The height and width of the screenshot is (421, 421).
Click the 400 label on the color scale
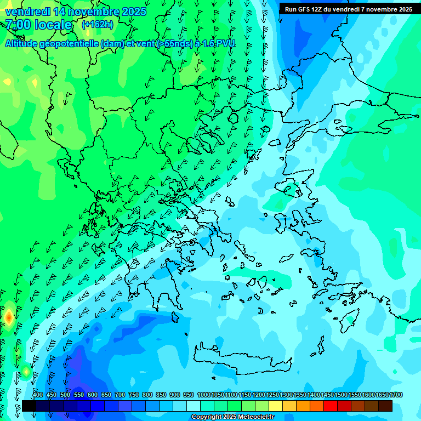tap(38, 395)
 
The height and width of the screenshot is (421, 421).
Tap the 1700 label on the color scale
tap(396, 395)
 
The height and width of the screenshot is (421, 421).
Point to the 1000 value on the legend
tap(204, 395)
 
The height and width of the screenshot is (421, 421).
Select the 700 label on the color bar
tap(120, 395)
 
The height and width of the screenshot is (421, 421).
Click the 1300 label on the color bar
tap(286, 395)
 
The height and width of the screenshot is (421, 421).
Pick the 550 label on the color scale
tap(79, 395)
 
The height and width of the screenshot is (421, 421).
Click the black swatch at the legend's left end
tap(29, 406)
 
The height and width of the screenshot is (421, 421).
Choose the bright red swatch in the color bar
tap(331, 406)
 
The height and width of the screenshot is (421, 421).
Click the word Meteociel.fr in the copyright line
tap(254, 417)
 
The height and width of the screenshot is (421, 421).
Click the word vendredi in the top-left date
tap(29, 12)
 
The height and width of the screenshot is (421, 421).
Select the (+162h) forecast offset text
tap(98, 24)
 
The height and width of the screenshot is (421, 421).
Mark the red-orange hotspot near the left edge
tap(8, 317)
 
